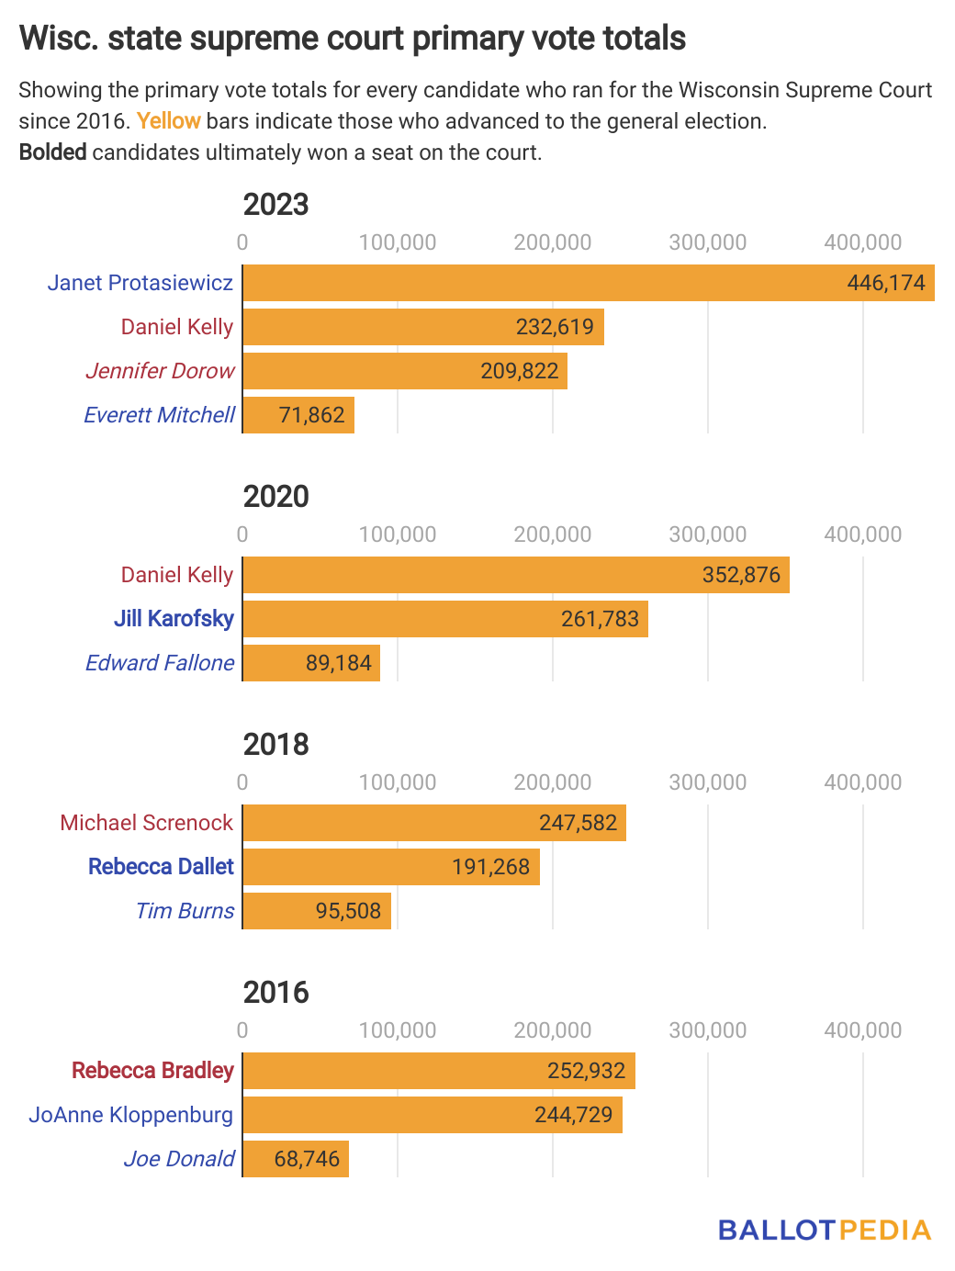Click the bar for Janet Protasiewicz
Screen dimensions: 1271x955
(588, 283)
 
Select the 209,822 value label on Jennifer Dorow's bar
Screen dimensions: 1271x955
(520, 371)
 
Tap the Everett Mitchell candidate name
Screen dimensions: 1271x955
(160, 415)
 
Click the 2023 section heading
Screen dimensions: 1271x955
(275, 204)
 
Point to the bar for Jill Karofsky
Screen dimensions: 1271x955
(445, 619)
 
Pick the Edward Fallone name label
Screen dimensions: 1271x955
(160, 663)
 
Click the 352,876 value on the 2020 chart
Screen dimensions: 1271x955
(741, 575)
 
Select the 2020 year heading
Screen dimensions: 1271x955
(275, 496)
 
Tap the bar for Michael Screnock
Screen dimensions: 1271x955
(434, 823)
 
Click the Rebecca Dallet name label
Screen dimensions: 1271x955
(161, 867)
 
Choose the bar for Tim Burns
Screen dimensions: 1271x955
(317, 911)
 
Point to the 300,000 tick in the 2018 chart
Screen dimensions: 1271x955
(707, 782)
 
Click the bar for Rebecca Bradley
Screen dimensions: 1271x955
(439, 1071)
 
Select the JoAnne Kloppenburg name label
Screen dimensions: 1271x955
(131, 1115)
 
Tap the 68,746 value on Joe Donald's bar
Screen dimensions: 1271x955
(307, 1159)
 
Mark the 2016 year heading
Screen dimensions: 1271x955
(275, 992)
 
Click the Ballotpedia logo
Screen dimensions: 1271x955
(824, 1231)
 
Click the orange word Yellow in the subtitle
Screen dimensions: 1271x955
(169, 121)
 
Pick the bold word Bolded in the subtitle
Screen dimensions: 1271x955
(53, 152)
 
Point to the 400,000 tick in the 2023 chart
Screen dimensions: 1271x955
(862, 242)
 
